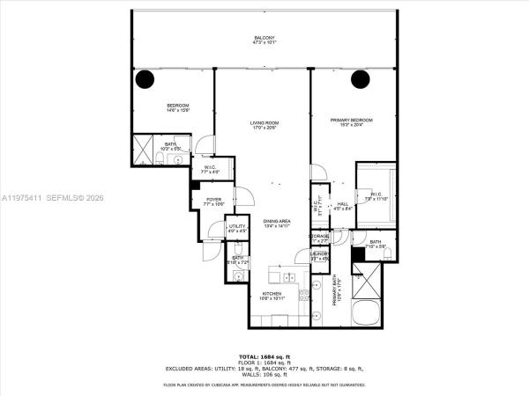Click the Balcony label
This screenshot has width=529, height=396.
264,38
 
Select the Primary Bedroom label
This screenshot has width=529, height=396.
351,120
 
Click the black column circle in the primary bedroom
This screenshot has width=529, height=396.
360,80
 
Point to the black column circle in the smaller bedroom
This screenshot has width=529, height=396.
144,80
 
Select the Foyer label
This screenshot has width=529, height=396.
213,200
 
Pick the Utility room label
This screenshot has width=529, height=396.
236,227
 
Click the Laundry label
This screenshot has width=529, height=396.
319,254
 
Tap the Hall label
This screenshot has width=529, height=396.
343,204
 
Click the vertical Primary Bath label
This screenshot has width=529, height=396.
335,290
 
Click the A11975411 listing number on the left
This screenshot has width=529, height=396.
19,199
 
